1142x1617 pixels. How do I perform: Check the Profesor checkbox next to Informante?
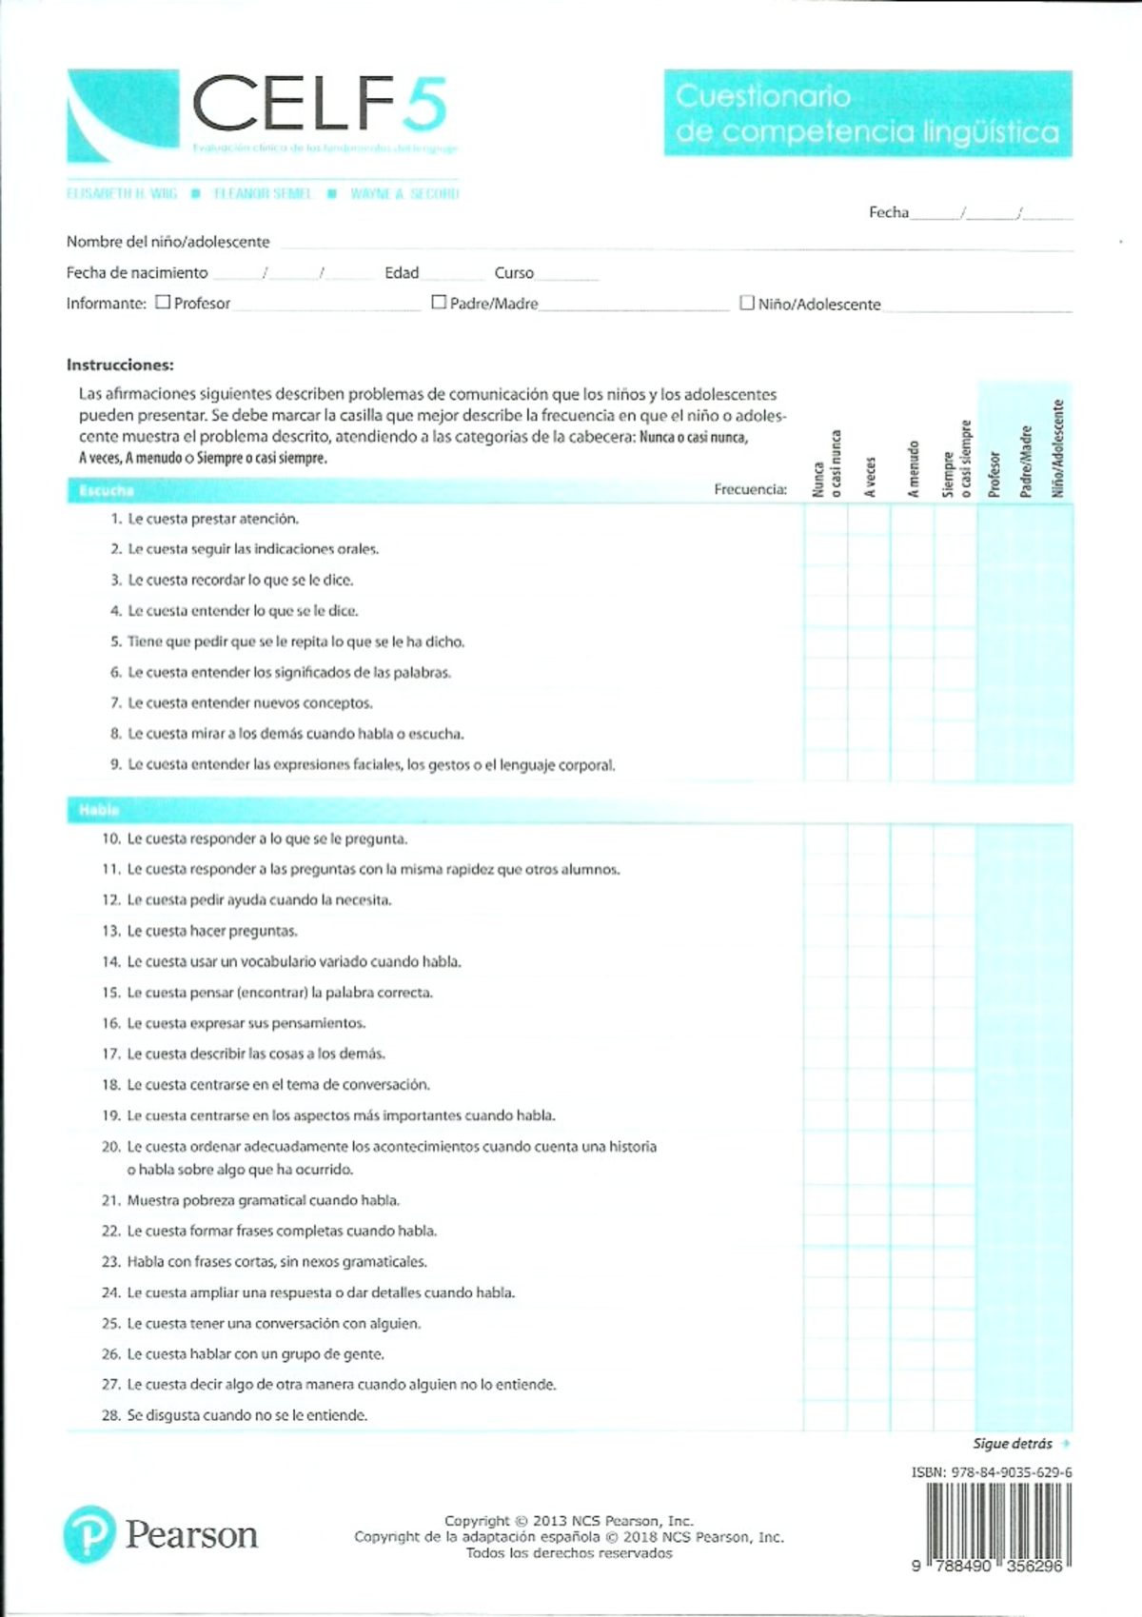163,302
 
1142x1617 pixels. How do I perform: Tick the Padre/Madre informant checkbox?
439,302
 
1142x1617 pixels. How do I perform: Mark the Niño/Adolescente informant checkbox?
747,303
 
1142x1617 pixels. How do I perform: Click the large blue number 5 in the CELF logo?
423,105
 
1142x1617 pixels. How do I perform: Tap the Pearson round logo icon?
89,1533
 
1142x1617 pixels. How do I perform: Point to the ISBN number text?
992,1471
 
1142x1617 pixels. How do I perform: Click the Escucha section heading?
107,491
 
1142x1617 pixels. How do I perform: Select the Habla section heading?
99,810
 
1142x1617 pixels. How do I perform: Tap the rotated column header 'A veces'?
869,477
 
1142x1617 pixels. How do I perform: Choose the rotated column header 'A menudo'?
913,468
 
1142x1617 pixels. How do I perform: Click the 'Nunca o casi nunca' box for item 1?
825,519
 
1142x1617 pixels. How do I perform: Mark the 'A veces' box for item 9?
869,764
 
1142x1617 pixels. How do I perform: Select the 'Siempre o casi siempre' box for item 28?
955,1415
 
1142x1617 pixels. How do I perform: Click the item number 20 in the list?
110,1147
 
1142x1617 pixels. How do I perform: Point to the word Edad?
402,273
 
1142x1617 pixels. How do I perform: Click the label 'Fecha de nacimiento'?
137,273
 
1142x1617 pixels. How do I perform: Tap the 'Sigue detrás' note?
1013,1444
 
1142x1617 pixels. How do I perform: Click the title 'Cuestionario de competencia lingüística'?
867,113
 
